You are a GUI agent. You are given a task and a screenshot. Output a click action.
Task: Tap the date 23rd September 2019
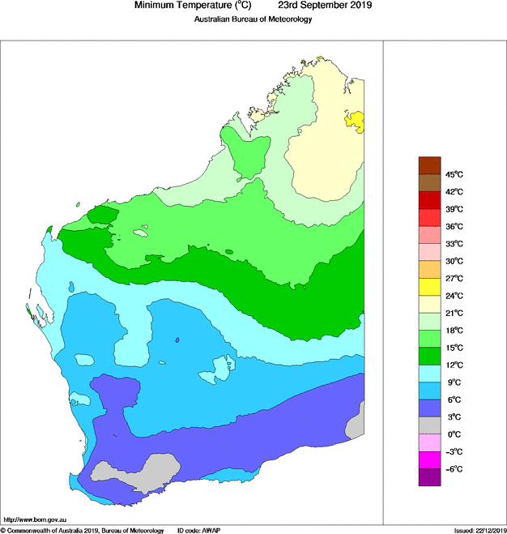321,6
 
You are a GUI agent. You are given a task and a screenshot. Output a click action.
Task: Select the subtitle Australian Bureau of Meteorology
253,20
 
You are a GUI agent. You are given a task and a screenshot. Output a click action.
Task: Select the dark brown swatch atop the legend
429,165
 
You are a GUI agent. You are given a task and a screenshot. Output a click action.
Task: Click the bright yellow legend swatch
429,287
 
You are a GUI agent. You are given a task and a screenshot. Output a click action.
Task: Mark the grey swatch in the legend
429,425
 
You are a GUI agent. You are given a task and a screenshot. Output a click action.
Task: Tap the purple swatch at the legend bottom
429,477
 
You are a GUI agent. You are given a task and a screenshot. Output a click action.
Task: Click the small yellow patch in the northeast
355,122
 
